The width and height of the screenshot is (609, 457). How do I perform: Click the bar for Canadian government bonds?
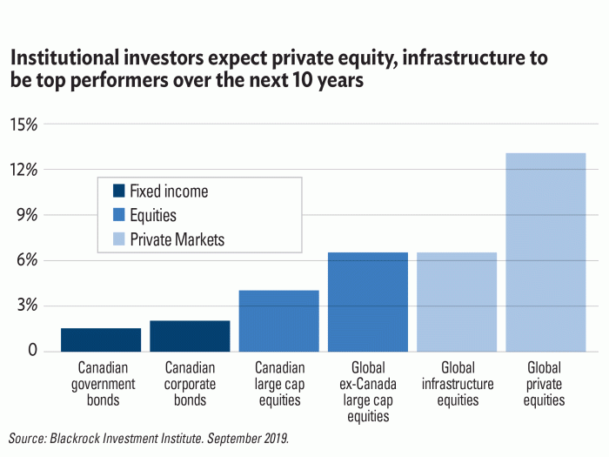click(x=101, y=339)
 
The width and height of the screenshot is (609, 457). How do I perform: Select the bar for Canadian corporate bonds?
click(x=190, y=336)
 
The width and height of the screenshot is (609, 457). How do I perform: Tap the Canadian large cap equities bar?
click(x=278, y=320)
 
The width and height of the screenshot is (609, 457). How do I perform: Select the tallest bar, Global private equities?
click(x=545, y=252)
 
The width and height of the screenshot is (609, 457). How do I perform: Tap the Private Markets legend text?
click(x=177, y=239)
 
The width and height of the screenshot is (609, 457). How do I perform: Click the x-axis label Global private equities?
click(x=545, y=384)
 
